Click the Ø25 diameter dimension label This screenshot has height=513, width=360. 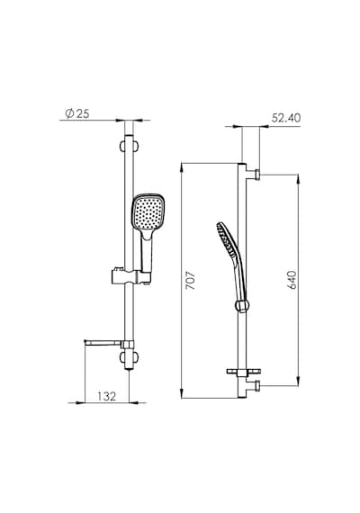tap(77, 113)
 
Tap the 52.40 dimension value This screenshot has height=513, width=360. tap(285, 118)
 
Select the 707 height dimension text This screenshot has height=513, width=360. tap(190, 280)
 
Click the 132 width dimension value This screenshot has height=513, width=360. tap(107, 396)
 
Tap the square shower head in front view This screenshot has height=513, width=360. tap(148, 211)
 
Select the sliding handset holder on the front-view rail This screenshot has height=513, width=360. tap(130, 276)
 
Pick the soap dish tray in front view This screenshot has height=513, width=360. tap(103, 343)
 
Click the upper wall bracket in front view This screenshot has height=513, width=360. tap(130, 146)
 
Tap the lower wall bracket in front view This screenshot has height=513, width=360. tap(130, 357)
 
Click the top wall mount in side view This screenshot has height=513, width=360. tap(253, 175)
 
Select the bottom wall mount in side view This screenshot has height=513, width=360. tap(253, 386)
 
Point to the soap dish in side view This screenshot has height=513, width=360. tap(244, 372)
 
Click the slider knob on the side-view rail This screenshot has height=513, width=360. tap(242, 306)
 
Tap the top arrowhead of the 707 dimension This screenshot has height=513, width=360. tap(182, 166)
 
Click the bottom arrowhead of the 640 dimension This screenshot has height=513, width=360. tap(298, 382)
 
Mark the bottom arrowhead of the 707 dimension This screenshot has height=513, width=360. tap(182, 394)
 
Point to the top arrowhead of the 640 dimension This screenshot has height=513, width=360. tap(298, 179)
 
